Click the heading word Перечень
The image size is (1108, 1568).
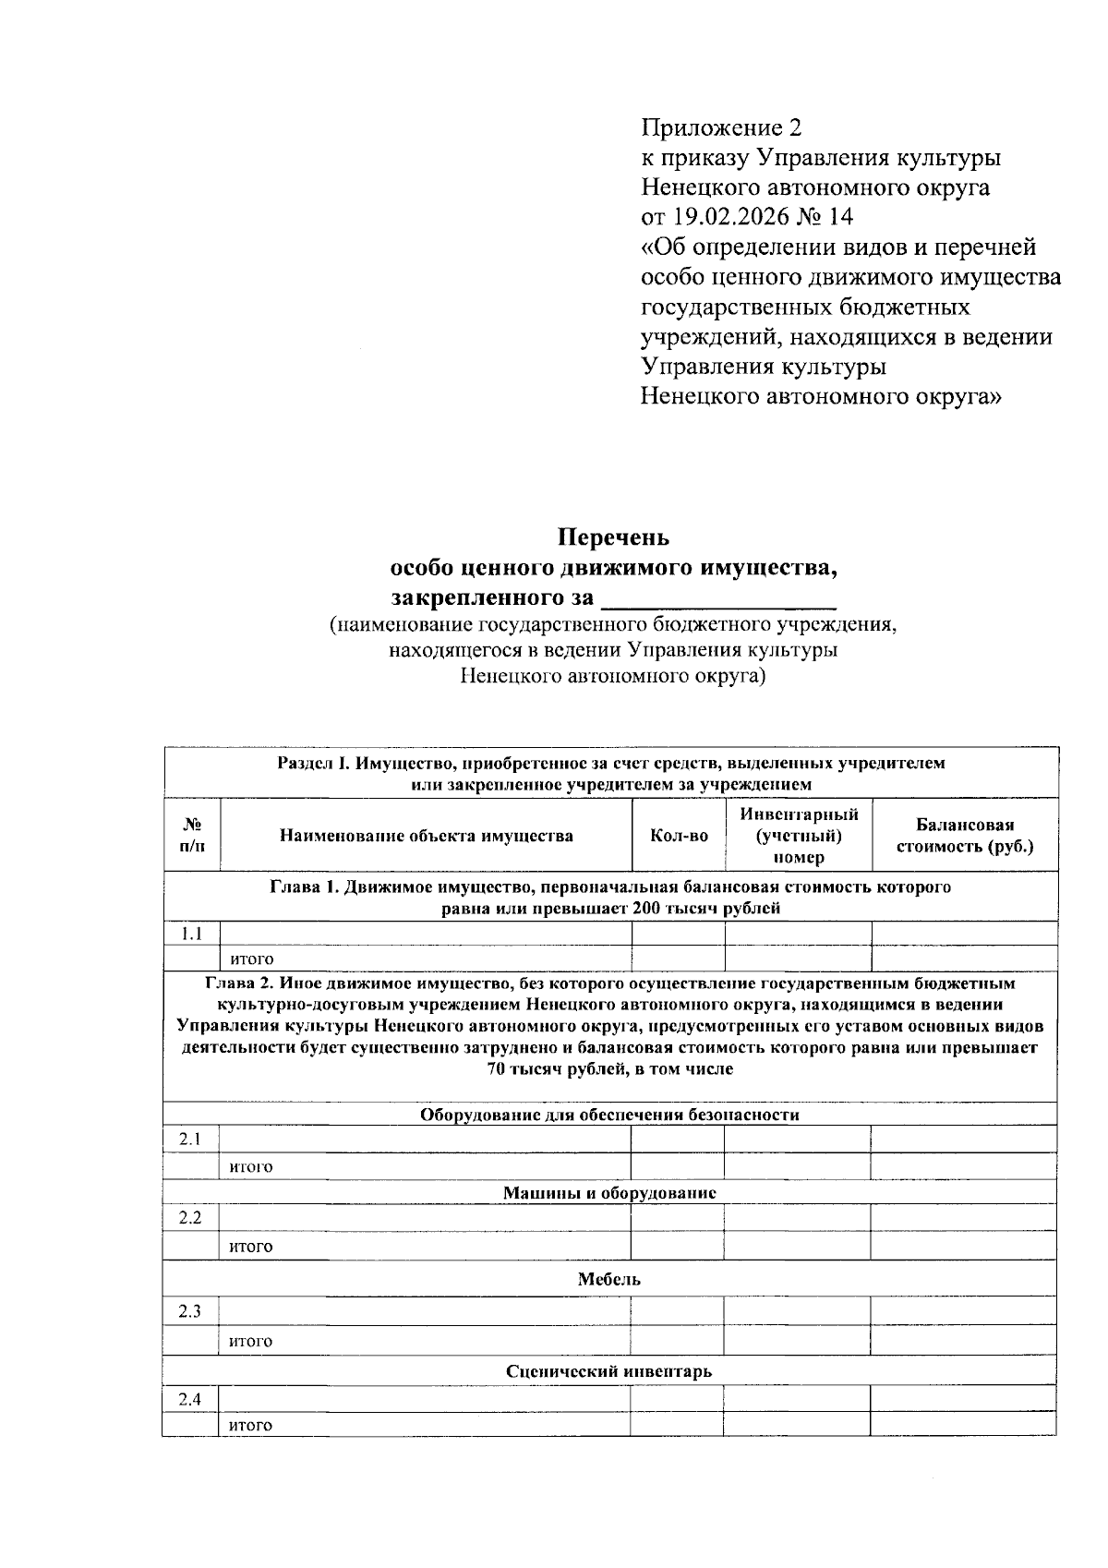tap(613, 537)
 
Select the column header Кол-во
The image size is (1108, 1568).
tap(679, 836)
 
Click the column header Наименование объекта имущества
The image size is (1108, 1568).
tap(426, 836)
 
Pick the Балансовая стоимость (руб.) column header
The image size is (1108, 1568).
tap(965, 836)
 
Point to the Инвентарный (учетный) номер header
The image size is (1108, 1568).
tap(799, 835)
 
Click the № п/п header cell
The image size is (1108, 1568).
tap(192, 835)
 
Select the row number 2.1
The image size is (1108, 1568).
tap(191, 1139)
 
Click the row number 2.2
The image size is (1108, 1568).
tap(191, 1217)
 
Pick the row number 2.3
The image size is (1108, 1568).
tap(191, 1311)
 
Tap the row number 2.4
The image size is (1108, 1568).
tap(191, 1399)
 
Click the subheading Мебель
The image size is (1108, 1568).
tap(609, 1279)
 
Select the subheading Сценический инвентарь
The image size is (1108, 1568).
tap(609, 1370)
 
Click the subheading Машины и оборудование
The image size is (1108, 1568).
tap(609, 1192)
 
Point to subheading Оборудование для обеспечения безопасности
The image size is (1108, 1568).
tap(609, 1115)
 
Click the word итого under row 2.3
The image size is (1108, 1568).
tap(251, 1341)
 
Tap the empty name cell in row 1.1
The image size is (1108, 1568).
tap(426, 934)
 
